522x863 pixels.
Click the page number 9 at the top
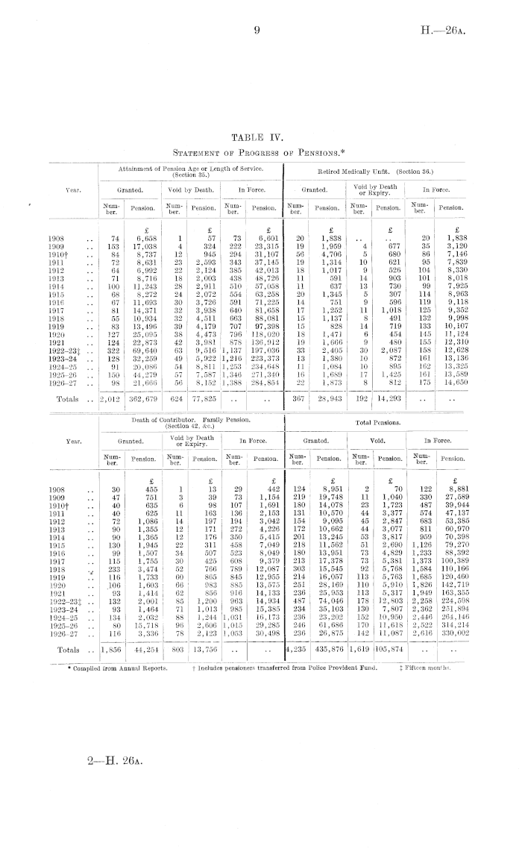click(256, 31)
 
